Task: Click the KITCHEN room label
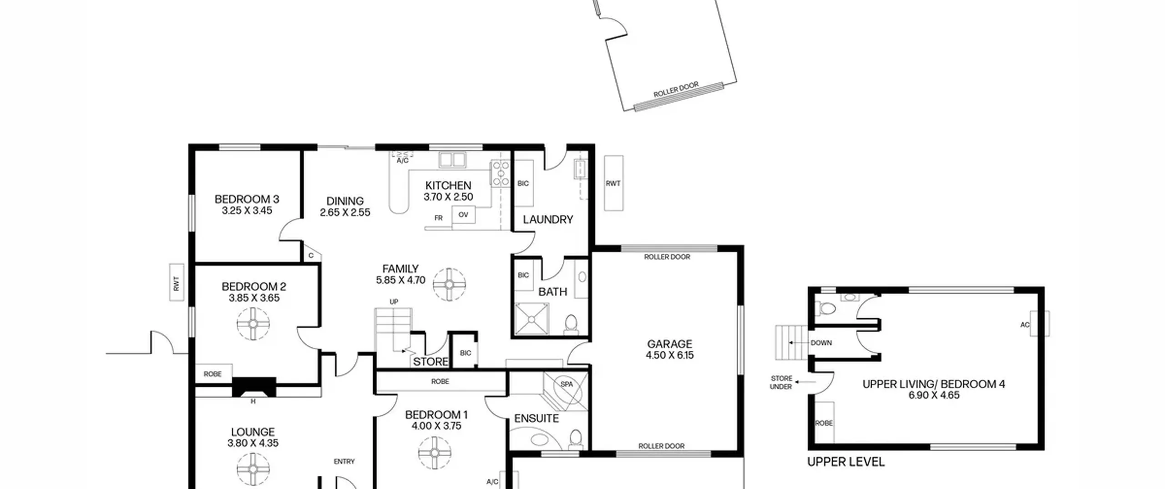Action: [448, 186]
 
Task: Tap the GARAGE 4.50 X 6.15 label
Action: [669, 349]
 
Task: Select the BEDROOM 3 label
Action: [247, 199]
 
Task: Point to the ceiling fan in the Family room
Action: [449, 285]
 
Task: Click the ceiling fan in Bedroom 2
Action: [253, 324]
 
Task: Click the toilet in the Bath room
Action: [571, 323]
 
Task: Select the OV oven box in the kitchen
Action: [463, 215]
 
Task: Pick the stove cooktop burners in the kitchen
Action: [500, 173]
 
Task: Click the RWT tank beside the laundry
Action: [613, 183]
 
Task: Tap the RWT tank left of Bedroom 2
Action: [177, 282]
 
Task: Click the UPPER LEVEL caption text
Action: [846, 462]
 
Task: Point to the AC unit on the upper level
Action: [1040, 323]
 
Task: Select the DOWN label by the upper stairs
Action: [821, 343]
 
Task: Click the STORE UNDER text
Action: [781, 383]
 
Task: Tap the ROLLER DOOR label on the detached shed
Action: [676, 90]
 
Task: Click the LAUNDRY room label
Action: [547, 220]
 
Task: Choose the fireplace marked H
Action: [254, 388]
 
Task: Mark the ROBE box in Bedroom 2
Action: [214, 373]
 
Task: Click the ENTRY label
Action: [344, 461]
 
